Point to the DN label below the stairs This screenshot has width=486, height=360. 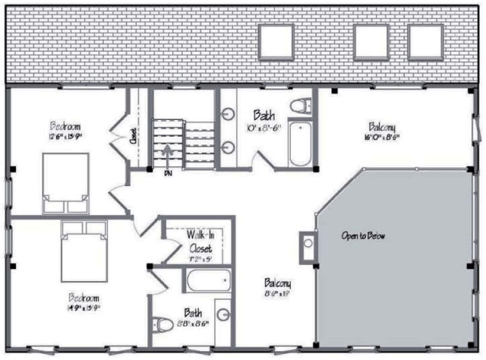pyautogui.click(x=168, y=173)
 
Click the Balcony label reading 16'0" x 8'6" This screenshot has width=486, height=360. pyautogui.click(x=381, y=131)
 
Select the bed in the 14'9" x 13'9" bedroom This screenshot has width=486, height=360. pyautogui.click(x=79, y=248)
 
